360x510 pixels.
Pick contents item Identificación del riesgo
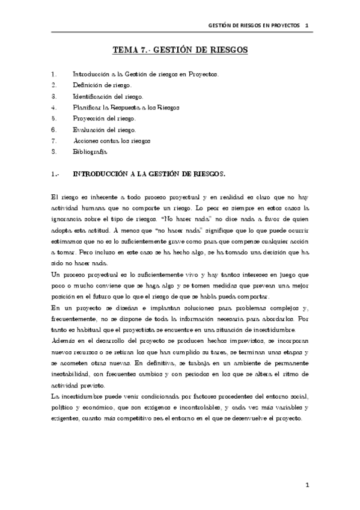(x=108, y=96)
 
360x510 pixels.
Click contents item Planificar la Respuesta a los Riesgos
(x=126, y=107)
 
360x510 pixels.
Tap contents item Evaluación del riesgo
(x=104, y=129)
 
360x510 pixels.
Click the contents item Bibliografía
(x=90, y=152)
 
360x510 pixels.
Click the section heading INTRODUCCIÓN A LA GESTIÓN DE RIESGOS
(x=148, y=174)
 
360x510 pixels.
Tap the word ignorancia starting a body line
(x=68, y=219)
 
